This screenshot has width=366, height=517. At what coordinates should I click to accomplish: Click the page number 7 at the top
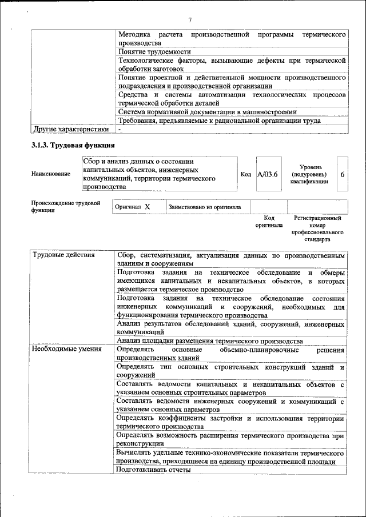click(x=189, y=21)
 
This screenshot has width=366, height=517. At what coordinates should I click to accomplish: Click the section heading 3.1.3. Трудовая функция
click(x=66, y=145)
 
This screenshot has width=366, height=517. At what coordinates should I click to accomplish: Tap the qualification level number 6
click(x=342, y=174)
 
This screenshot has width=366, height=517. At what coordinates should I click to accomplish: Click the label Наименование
click(x=51, y=174)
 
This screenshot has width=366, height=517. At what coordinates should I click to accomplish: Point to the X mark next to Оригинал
click(x=147, y=207)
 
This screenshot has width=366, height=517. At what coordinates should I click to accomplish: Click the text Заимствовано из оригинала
click(x=204, y=207)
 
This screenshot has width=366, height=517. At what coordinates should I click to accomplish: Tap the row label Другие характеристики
click(x=71, y=129)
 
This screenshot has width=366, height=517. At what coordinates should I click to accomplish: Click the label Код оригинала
click(x=269, y=222)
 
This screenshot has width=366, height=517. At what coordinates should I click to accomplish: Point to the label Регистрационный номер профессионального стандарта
click(x=317, y=229)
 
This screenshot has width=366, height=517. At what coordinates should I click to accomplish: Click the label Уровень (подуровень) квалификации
click(x=309, y=174)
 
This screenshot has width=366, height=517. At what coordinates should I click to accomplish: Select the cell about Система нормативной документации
click(x=207, y=112)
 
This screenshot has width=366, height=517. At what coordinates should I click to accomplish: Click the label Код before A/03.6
click(x=246, y=174)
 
